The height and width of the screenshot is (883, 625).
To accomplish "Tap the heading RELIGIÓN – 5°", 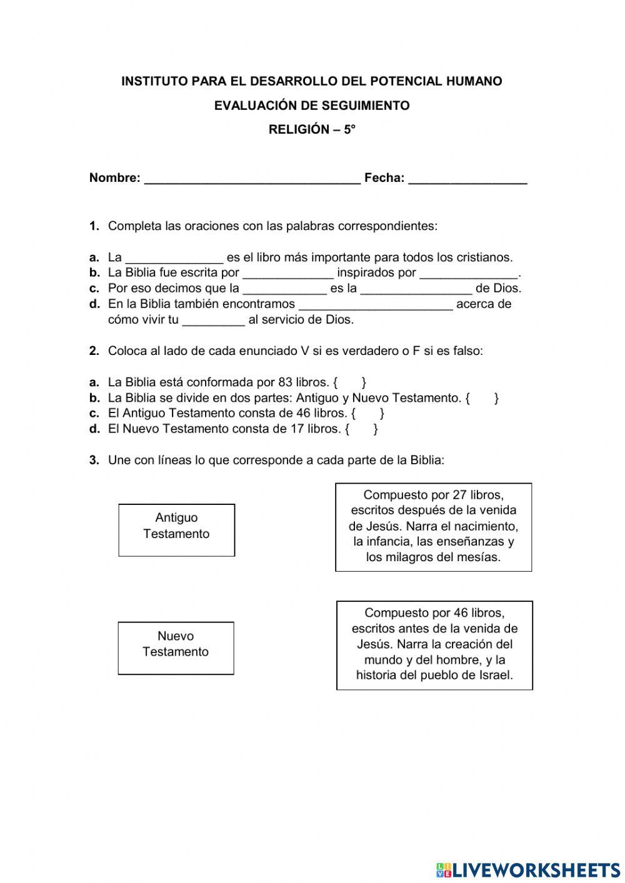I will coord(312,129).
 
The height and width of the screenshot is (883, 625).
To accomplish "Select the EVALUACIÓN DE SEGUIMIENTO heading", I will coord(312,106).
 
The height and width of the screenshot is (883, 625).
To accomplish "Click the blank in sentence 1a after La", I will coord(174,259).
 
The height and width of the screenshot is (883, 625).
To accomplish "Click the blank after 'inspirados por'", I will coord(469,274).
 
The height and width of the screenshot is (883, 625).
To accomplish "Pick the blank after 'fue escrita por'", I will coord(287,274).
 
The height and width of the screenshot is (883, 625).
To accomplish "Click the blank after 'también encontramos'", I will coord(376,306).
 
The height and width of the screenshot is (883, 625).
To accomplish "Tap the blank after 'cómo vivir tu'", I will coord(213,321).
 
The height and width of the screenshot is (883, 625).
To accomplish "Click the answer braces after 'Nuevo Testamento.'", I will coord(482,398).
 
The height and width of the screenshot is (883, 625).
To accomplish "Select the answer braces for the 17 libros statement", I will coord(361,429).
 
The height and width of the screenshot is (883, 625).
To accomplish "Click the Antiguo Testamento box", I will coord(176,530).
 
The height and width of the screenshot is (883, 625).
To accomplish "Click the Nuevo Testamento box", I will coord(176,648).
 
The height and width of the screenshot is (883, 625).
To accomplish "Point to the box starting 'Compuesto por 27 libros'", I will coord(433,527).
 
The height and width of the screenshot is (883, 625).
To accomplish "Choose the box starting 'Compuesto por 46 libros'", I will coord(434,645).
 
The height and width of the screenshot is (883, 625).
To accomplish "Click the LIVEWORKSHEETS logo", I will coord(528,869).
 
